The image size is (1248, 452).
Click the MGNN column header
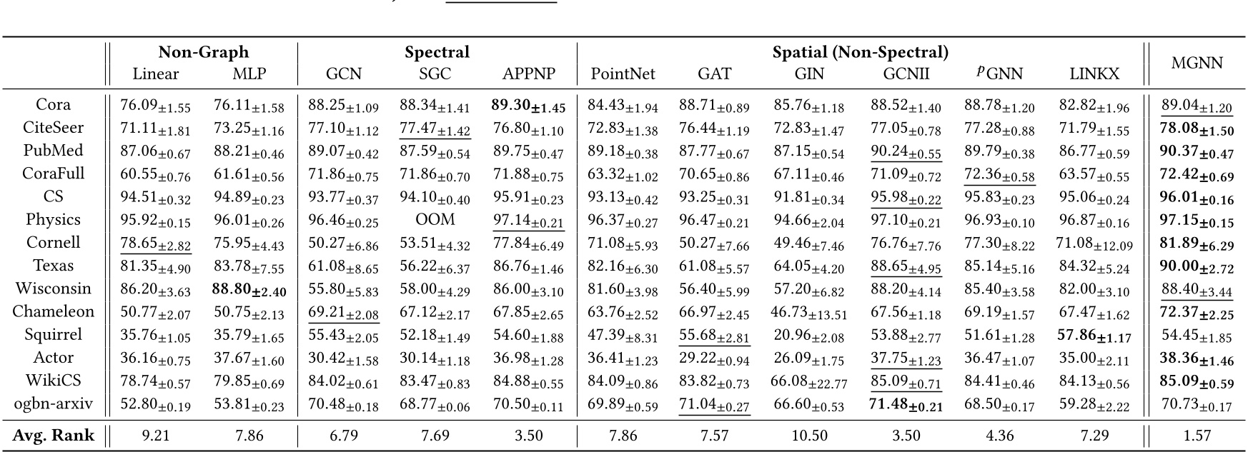click(x=1197, y=63)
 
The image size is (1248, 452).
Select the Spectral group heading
click(x=437, y=52)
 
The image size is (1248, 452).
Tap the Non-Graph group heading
click(x=203, y=52)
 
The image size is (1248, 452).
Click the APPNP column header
click(x=528, y=74)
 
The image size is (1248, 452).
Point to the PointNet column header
click(x=623, y=74)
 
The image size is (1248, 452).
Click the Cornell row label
click(x=53, y=243)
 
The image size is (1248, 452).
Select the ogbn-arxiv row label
click(x=53, y=404)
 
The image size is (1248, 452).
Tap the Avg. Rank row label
click(x=53, y=436)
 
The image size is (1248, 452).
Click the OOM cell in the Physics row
click(x=435, y=219)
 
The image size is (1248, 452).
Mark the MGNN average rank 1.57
click(x=1197, y=436)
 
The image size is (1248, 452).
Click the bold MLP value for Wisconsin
click(x=248, y=290)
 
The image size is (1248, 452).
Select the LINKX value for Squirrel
click(x=1094, y=336)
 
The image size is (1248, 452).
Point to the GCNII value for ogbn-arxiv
click(x=906, y=405)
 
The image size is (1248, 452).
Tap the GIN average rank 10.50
click(x=809, y=436)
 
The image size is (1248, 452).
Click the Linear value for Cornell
click(x=155, y=244)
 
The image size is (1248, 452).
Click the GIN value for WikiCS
click(x=809, y=382)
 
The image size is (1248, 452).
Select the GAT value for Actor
click(x=714, y=359)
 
